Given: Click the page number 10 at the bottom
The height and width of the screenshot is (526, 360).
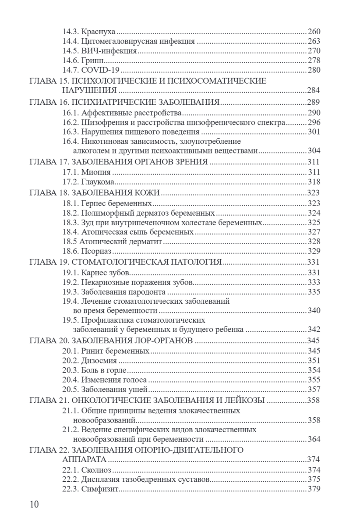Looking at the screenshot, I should click(34, 504).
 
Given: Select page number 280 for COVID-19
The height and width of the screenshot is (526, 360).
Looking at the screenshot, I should click(314, 70).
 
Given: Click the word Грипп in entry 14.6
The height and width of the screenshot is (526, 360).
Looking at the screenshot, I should click(91, 60).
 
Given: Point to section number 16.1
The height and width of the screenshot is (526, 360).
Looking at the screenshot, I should click(70, 112).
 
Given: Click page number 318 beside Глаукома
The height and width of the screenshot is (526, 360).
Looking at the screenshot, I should click(314, 181).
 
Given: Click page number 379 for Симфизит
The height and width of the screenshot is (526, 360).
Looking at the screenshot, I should click(314, 489).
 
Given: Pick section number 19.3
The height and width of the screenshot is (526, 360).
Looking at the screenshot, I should click(70, 291).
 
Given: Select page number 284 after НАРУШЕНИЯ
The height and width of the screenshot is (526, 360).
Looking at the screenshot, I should click(314, 90).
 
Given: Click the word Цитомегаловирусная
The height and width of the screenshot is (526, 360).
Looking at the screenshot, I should click(115, 42).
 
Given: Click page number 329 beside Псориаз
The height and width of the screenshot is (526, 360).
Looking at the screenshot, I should click(314, 251).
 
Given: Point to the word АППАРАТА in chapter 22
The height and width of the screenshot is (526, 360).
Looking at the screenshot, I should click(84, 459).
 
